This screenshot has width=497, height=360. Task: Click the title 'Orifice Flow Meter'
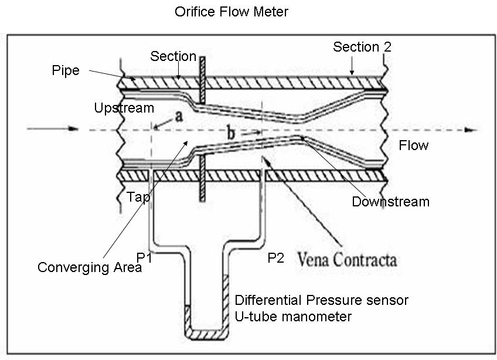(232, 12)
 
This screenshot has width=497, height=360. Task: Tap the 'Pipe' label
(64, 70)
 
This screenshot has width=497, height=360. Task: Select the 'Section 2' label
(362, 47)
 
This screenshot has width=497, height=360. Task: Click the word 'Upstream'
(124, 108)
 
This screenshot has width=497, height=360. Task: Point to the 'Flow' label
(414, 145)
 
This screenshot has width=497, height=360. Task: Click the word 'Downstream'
(390, 202)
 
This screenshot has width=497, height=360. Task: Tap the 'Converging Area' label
(90, 267)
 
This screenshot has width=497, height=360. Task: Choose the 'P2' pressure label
(275, 258)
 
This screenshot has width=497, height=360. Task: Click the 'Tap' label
(138, 197)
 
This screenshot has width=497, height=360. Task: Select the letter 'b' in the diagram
(232, 134)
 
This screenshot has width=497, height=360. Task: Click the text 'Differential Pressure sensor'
(321, 300)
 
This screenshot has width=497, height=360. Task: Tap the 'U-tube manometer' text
(293, 317)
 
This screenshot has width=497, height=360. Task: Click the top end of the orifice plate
(202, 59)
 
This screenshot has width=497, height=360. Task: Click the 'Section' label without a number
(173, 56)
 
